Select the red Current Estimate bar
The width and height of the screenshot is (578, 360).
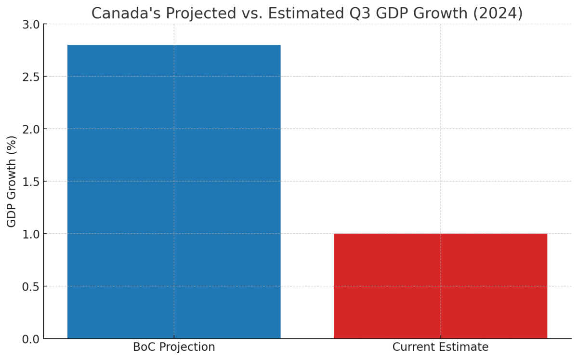click(x=440, y=286)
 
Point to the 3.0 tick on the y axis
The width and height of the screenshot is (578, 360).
click(x=31, y=24)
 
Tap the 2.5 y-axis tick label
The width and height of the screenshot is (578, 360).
click(x=31, y=77)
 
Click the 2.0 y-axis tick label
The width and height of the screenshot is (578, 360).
click(x=31, y=129)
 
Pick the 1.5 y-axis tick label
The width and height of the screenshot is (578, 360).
click(x=31, y=182)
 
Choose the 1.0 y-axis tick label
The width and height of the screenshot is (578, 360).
click(x=31, y=234)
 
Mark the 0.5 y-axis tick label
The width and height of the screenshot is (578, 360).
click(x=31, y=287)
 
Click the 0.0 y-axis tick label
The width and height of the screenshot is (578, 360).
click(x=31, y=339)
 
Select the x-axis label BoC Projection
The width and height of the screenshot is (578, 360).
click(x=174, y=347)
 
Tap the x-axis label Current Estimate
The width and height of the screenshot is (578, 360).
click(x=440, y=347)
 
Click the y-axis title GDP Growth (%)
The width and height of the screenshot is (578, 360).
click(x=12, y=181)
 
